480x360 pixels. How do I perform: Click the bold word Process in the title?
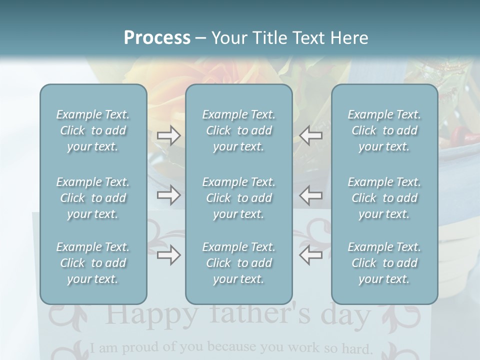(157, 38)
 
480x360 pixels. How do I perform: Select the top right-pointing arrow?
(169, 135)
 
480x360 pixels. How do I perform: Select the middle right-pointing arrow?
(169, 195)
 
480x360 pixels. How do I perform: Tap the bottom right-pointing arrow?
(169, 255)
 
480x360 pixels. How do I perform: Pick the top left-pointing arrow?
(310, 135)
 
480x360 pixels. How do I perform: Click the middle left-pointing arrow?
(310, 195)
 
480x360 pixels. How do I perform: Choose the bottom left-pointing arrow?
(310, 255)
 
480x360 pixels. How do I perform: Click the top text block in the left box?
(93, 130)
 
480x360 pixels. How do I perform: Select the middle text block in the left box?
(93, 198)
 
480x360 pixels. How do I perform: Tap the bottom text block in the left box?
(93, 263)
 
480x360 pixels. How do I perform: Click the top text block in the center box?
(238, 130)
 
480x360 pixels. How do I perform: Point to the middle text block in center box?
(238, 198)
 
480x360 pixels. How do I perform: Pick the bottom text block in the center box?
(238, 263)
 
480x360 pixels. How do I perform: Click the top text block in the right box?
(384, 130)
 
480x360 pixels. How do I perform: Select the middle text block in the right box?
(384, 198)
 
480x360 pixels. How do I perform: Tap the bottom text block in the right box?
(384, 263)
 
